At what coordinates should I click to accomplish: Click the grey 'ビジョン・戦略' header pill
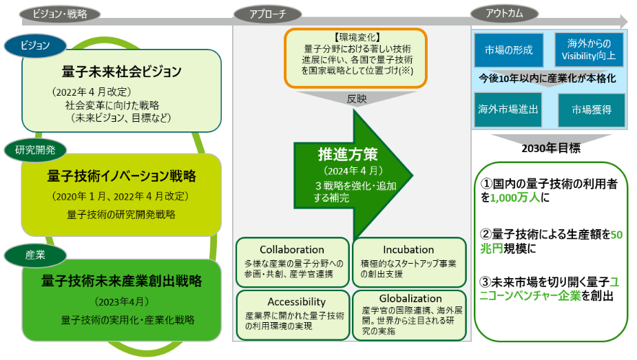60,14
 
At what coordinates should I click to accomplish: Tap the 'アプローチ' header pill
267,14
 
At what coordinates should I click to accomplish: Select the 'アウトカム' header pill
504,13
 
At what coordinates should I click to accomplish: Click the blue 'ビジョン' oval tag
35,45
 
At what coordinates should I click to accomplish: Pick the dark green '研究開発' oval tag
35,150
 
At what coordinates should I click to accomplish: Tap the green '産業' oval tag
35,255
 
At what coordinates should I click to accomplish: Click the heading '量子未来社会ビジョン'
121,72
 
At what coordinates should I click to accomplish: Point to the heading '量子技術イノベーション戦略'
121,176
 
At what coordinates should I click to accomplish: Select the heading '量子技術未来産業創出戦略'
121,281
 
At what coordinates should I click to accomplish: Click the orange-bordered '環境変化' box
355,58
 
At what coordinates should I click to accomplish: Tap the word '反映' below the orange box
357,99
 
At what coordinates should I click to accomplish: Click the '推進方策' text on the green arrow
348,155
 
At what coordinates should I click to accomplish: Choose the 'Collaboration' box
293,262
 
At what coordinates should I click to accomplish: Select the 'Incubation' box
409,262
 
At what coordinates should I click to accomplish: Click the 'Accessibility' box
293,315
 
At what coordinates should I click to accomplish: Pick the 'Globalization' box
409,315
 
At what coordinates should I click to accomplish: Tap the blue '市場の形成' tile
509,50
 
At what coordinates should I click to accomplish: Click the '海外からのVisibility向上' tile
589,50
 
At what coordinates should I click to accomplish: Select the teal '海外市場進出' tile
508,109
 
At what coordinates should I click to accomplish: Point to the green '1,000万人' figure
514,198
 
